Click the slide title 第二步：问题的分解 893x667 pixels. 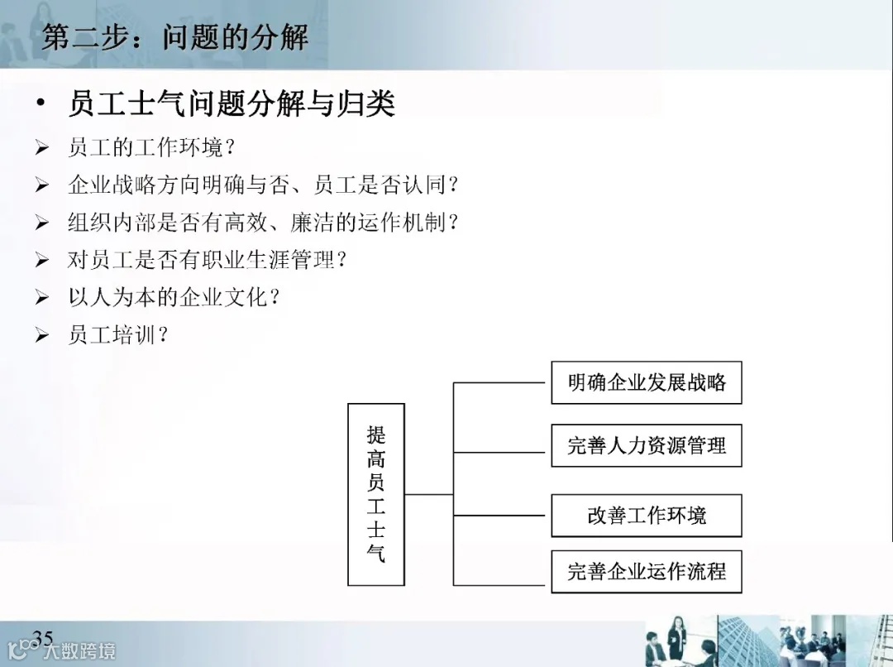tap(174, 37)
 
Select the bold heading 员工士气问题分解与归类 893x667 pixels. tap(232, 104)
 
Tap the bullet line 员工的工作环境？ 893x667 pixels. tap(152, 148)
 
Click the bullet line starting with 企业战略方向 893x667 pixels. tap(263, 185)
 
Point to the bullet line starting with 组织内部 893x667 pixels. tap(263, 222)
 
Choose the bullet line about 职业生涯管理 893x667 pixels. tap(207, 259)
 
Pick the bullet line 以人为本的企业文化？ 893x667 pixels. tap(174, 297)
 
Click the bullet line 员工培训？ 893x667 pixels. tap(118, 335)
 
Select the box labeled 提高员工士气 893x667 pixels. tap(376, 494)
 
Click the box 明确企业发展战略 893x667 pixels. tap(647, 382)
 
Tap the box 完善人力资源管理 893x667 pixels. tap(647, 446)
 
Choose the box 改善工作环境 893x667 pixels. tap(647, 516)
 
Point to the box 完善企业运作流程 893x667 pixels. tap(647, 571)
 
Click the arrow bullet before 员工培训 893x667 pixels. tap(42, 336)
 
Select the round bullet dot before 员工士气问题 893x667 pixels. tap(41, 106)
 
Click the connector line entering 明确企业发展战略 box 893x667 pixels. tap(502, 383)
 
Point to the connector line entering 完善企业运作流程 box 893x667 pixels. tap(502, 571)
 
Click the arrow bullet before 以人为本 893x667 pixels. tap(42, 298)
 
